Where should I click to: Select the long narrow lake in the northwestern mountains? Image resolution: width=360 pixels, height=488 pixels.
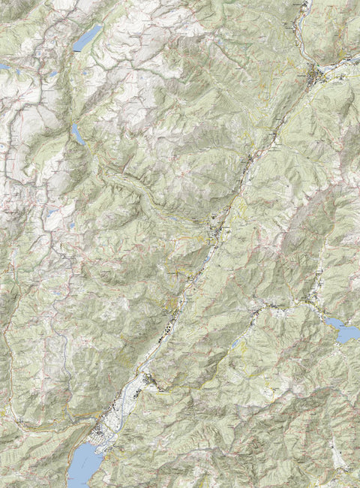coord(87,37)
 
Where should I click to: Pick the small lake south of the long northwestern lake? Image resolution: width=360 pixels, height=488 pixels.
coord(77,134)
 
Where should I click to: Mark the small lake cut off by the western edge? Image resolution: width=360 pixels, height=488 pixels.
coord(3,67)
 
